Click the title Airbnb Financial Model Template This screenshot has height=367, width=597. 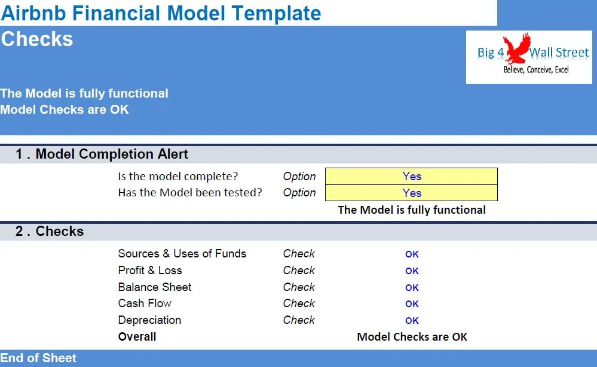161,13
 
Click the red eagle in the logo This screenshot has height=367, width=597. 517,48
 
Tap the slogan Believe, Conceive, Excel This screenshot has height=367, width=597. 536,69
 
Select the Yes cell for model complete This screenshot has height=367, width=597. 411,176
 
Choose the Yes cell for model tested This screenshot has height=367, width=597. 411,193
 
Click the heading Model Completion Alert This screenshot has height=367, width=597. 112,154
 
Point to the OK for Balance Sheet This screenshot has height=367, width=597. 412,287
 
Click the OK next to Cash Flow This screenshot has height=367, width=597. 412,304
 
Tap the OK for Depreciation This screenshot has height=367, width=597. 412,321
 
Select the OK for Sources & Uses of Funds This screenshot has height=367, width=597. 412,254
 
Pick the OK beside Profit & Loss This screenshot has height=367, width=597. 412,271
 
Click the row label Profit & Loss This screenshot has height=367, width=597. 150,271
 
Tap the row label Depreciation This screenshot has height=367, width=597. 149,320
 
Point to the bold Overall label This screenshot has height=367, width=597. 137,336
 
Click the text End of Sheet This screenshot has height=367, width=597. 38,358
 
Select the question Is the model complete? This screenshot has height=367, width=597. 178,176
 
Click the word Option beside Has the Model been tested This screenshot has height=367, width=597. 299,193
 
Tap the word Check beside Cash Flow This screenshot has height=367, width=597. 299,304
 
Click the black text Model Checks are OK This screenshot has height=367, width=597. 412,337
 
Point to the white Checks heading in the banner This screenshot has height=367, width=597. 37,40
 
